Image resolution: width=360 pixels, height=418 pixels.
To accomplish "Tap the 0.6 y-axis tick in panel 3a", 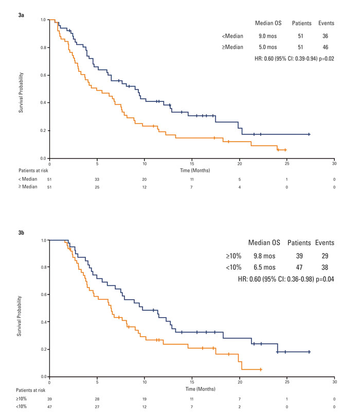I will (x=43, y=75).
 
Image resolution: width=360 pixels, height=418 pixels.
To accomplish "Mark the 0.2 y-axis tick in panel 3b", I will (x=43, y=350).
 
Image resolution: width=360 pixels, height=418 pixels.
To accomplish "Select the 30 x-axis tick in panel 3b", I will (x=335, y=382).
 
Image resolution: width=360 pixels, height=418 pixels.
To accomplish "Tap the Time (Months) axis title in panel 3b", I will (x=191, y=389).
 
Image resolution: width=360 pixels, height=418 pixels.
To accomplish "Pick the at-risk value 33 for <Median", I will (x=97, y=179).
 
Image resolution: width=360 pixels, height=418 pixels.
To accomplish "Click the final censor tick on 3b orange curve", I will (x=261, y=369).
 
